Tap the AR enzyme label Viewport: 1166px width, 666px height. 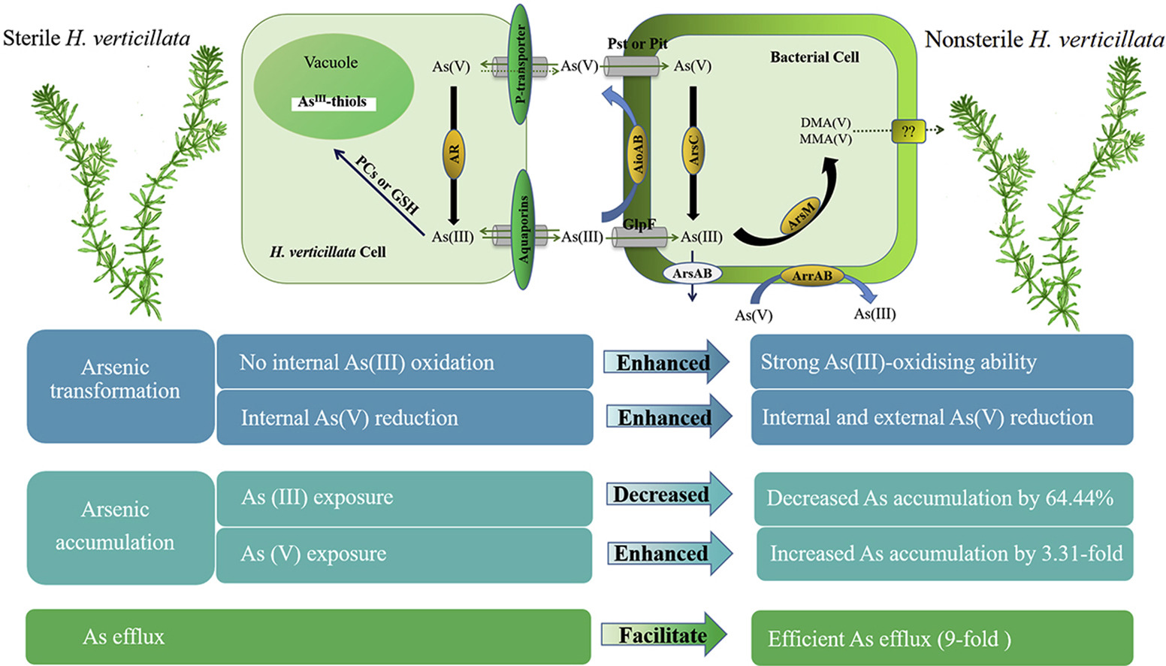pyautogui.click(x=453, y=153)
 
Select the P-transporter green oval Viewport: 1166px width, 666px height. pyautogui.click(x=520, y=65)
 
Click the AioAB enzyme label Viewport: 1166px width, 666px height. pyautogui.click(x=638, y=153)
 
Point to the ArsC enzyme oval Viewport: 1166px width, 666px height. pyautogui.click(x=693, y=148)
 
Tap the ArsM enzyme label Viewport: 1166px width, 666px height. pyautogui.click(x=801, y=217)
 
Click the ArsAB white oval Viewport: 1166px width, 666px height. pyautogui.click(x=692, y=274)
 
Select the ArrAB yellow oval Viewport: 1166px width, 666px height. pyautogui.click(x=811, y=276)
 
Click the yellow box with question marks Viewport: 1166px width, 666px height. pyautogui.click(x=908, y=131)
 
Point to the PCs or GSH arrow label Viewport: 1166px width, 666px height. pyautogui.click(x=387, y=185)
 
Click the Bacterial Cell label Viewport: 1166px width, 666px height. pyautogui.click(x=814, y=57)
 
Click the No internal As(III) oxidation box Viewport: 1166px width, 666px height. pyautogui.click(x=404, y=362)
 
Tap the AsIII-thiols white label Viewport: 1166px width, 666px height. pyautogui.click(x=333, y=102)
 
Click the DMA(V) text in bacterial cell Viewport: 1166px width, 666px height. pyautogui.click(x=825, y=123)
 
